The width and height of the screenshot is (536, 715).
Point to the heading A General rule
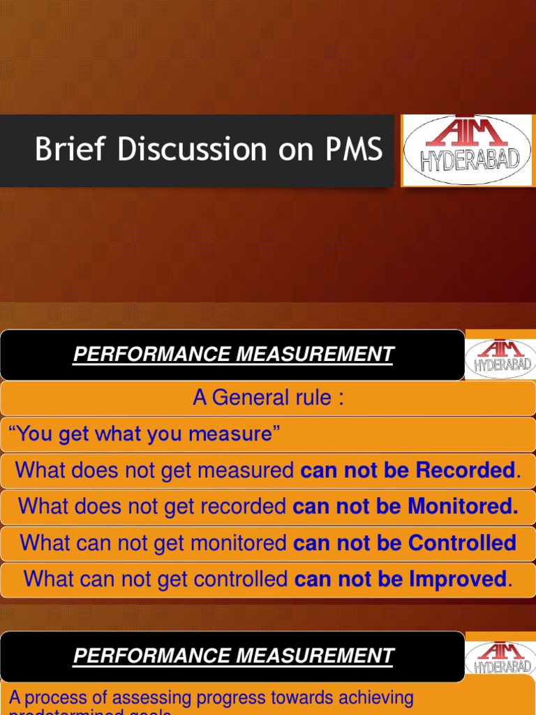268,398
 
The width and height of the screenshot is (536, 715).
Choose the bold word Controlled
462,543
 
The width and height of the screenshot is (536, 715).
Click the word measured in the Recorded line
248,471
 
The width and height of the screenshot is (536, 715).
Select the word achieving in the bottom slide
377,698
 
